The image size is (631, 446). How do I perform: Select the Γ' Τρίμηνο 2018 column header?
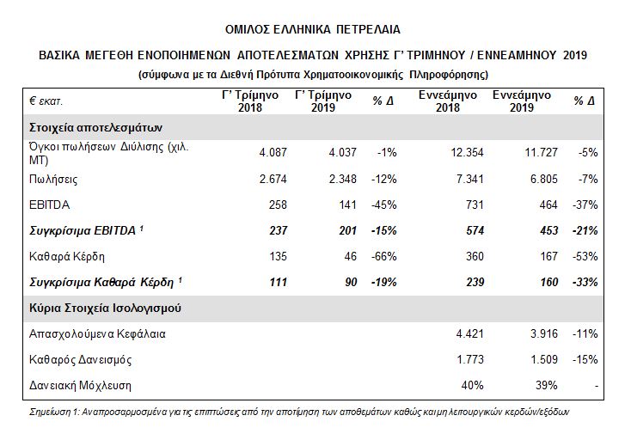pos(248,101)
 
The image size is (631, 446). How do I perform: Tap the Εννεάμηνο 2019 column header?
pos(521,101)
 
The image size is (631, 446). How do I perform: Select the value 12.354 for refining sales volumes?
pos(466,152)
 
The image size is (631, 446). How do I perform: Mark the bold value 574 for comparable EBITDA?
pos(475,230)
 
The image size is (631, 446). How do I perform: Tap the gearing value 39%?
pos(548,384)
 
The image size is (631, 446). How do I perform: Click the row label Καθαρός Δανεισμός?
pos(81,358)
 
